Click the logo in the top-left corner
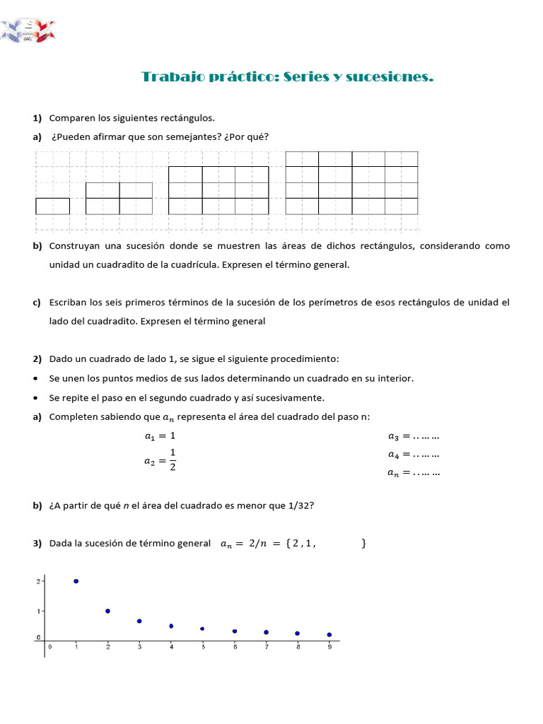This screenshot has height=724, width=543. tap(28, 30)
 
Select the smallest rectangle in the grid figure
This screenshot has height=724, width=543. tap(52, 206)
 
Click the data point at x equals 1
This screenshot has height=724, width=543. tap(76, 581)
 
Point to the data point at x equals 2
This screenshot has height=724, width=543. tap(107, 611)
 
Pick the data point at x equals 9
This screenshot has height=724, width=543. tap(329, 635)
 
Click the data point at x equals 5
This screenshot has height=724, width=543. tap(202, 629)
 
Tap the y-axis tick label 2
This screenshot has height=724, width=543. tap(38, 581)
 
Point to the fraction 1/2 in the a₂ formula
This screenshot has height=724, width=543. tap(173, 459)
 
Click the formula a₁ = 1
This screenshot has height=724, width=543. tap(160, 436)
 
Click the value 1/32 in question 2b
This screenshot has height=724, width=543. tap(303, 506)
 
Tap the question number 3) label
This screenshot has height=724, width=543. tap(37, 544)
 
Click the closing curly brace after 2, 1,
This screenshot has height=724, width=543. tap(363, 544)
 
